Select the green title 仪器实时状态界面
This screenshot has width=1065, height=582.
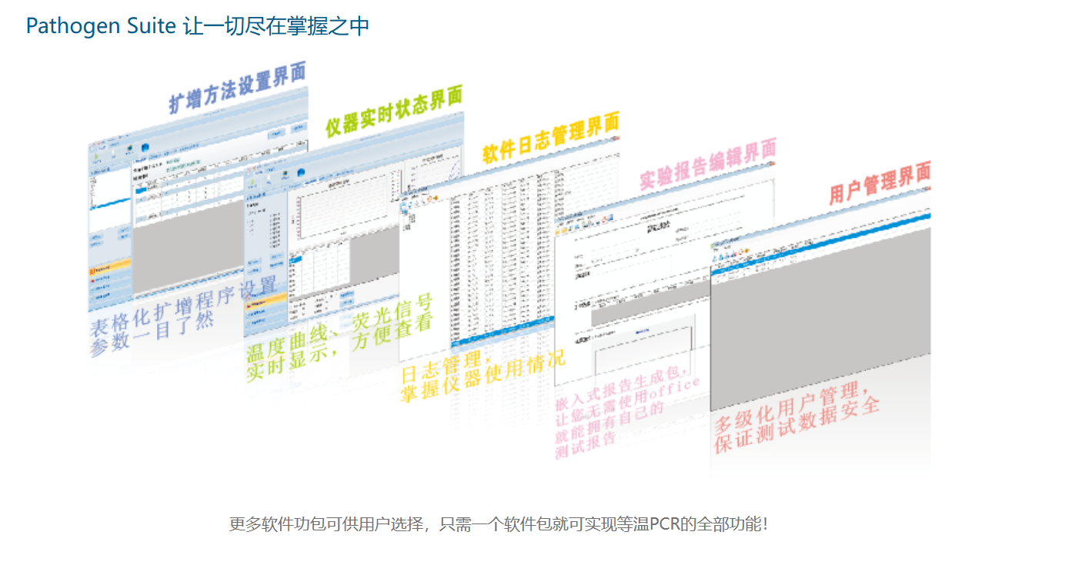pos(393,112)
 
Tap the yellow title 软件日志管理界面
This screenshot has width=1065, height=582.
pos(550,139)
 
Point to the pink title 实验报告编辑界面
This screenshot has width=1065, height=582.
pos(708,164)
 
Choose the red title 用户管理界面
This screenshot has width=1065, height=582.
pos(879,182)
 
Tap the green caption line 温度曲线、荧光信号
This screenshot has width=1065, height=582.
pos(339,327)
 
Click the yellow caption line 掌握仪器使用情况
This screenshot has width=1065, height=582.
pos(482,376)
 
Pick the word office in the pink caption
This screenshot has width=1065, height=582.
pos(676,388)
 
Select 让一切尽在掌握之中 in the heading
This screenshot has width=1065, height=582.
pos(276,26)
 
